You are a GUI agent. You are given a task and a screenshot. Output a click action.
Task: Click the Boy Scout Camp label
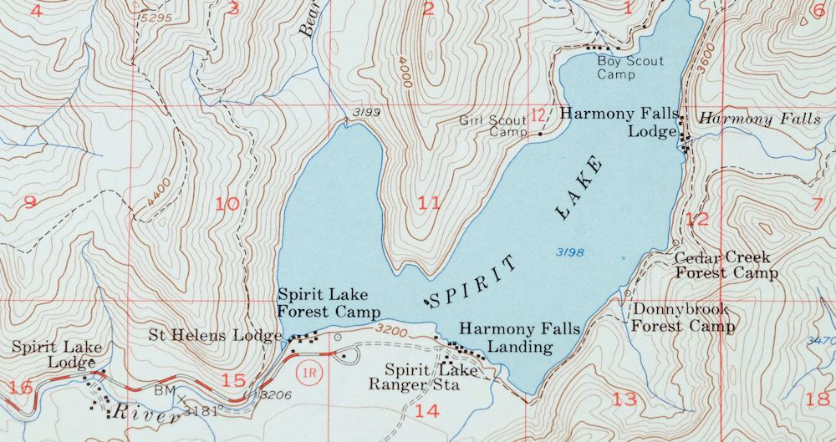(630, 68)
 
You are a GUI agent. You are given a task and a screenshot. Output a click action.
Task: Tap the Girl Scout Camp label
(493, 126)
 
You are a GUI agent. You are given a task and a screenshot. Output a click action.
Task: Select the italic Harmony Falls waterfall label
(759, 119)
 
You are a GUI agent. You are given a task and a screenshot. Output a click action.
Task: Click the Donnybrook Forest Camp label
(682, 318)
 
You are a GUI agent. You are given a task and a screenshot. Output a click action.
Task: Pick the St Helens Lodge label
(215, 336)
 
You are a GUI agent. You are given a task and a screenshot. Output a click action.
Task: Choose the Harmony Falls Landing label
(519, 338)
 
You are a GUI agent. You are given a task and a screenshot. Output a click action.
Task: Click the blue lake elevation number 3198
(568, 252)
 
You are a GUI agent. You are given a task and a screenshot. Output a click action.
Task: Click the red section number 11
(429, 203)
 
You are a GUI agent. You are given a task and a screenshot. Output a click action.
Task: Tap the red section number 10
(227, 204)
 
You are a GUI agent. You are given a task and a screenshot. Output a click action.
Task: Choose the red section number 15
(233, 381)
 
